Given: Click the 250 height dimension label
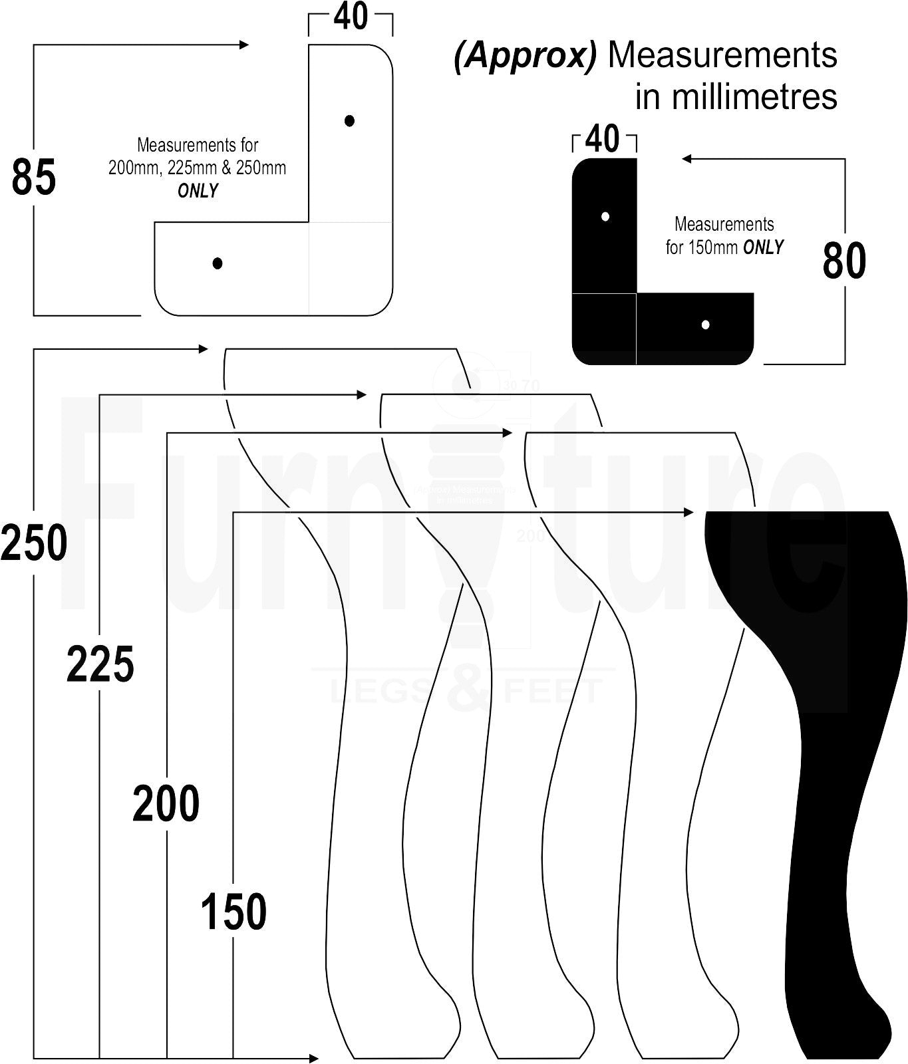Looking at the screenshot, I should pyautogui.click(x=35, y=543).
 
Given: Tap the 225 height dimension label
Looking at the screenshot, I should pyautogui.click(x=100, y=664).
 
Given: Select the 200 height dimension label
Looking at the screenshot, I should pyautogui.click(x=166, y=803).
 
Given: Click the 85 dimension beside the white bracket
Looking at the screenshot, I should pyautogui.click(x=34, y=178).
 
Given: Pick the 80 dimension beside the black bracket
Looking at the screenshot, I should pyautogui.click(x=844, y=261).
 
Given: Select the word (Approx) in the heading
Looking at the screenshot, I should pyautogui.click(x=525, y=56).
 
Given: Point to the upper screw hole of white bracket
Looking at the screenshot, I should pyautogui.click(x=350, y=120).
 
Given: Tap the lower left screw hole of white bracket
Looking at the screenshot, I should pyautogui.click(x=218, y=263).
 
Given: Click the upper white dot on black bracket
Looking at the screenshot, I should pyautogui.click(x=605, y=216).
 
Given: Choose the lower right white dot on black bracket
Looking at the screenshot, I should pyautogui.click(x=706, y=325).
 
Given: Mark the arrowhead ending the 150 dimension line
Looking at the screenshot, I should pyautogui.click(x=688, y=512).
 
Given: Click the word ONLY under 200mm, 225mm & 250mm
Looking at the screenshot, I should pyautogui.click(x=198, y=191).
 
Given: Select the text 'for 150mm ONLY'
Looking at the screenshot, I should pyautogui.click(x=724, y=247).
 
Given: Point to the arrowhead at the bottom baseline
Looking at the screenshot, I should pyautogui.click(x=314, y=1058).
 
